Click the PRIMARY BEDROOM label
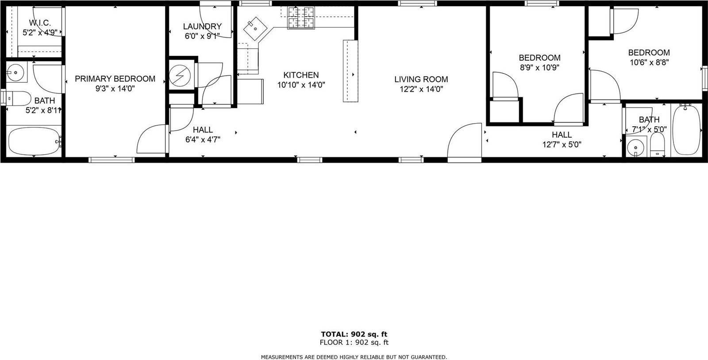115,79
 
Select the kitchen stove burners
301,18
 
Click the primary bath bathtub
34,140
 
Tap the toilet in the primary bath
18,97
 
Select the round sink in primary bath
17,72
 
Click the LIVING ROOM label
421,79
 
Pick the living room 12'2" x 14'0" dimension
421,89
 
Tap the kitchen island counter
350,71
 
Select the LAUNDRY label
202,27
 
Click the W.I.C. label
40,23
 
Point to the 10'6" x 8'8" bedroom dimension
649,62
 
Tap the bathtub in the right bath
686,130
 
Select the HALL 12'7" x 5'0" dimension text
562,144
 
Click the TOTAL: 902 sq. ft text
354,334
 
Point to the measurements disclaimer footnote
354,357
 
